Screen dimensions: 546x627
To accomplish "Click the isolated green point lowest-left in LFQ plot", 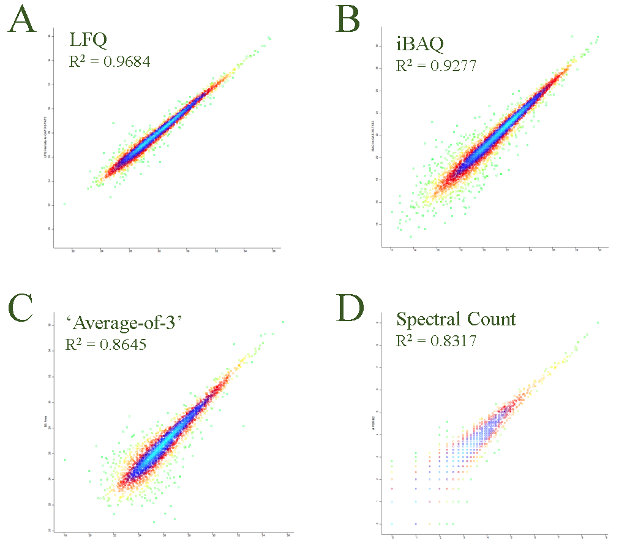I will pyautogui.click(x=64, y=203).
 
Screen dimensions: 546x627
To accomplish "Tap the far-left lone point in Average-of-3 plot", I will pyautogui.click(x=64, y=459).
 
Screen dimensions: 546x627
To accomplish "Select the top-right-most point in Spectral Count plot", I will pyautogui.click(x=598, y=322).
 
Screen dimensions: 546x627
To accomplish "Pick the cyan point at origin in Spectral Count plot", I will pyautogui.click(x=392, y=523).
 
